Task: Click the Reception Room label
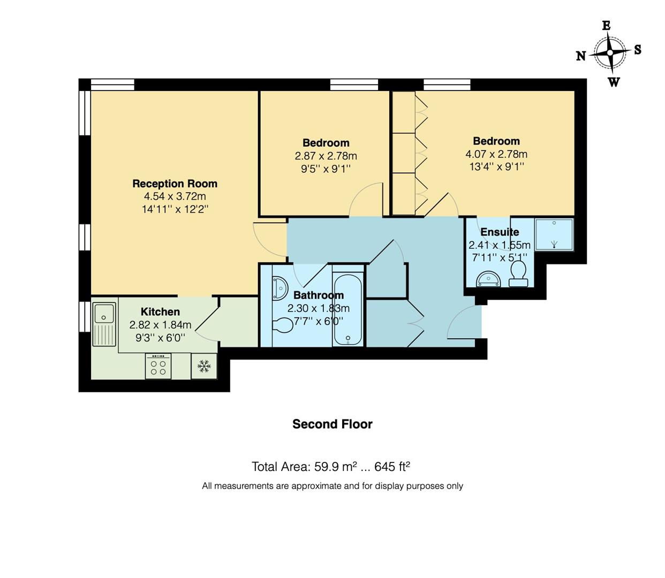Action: coord(175,184)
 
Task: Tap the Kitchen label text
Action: coord(160,311)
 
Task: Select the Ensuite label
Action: coord(499,232)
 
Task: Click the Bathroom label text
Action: coord(318,295)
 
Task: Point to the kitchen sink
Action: coord(104,324)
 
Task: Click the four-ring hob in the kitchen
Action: coord(158,367)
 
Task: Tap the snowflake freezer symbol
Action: coord(204,367)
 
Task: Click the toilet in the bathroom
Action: coord(281,325)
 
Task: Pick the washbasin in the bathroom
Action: coord(279,287)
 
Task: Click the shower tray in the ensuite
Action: coord(554,234)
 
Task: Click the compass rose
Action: coord(609,52)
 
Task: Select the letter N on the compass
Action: coord(581,56)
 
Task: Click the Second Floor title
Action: coord(332,424)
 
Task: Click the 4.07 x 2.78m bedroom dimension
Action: coord(496,154)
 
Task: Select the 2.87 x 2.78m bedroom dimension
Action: coord(326,156)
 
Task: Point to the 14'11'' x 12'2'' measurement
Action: coord(175,209)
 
